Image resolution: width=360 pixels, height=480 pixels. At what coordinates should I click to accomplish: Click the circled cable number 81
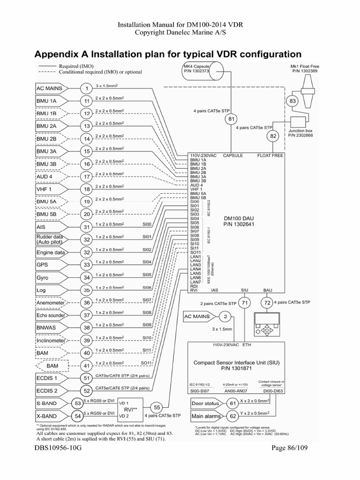coord(231,120)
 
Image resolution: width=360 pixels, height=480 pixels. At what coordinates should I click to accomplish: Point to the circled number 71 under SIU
coord(245,304)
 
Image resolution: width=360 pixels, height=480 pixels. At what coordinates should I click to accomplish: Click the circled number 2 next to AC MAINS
coord(225,317)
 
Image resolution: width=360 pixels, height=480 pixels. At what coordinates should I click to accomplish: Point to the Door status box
coord(205,403)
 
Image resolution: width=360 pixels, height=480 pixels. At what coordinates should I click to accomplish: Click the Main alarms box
coord(205,416)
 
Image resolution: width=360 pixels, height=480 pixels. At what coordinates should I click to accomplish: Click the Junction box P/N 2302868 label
coord(300,133)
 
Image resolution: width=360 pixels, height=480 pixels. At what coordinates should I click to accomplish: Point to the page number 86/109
coord(291,462)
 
